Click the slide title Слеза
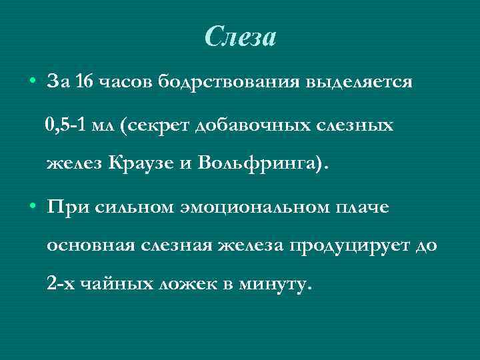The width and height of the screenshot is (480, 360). pyautogui.click(x=240, y=37)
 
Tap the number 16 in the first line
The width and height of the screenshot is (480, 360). pyautogui.click(x=85, y=83)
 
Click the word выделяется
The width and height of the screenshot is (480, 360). pyautogui.click(x=359, y=83)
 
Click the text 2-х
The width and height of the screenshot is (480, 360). pyautogui.click(x=61, y=285)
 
